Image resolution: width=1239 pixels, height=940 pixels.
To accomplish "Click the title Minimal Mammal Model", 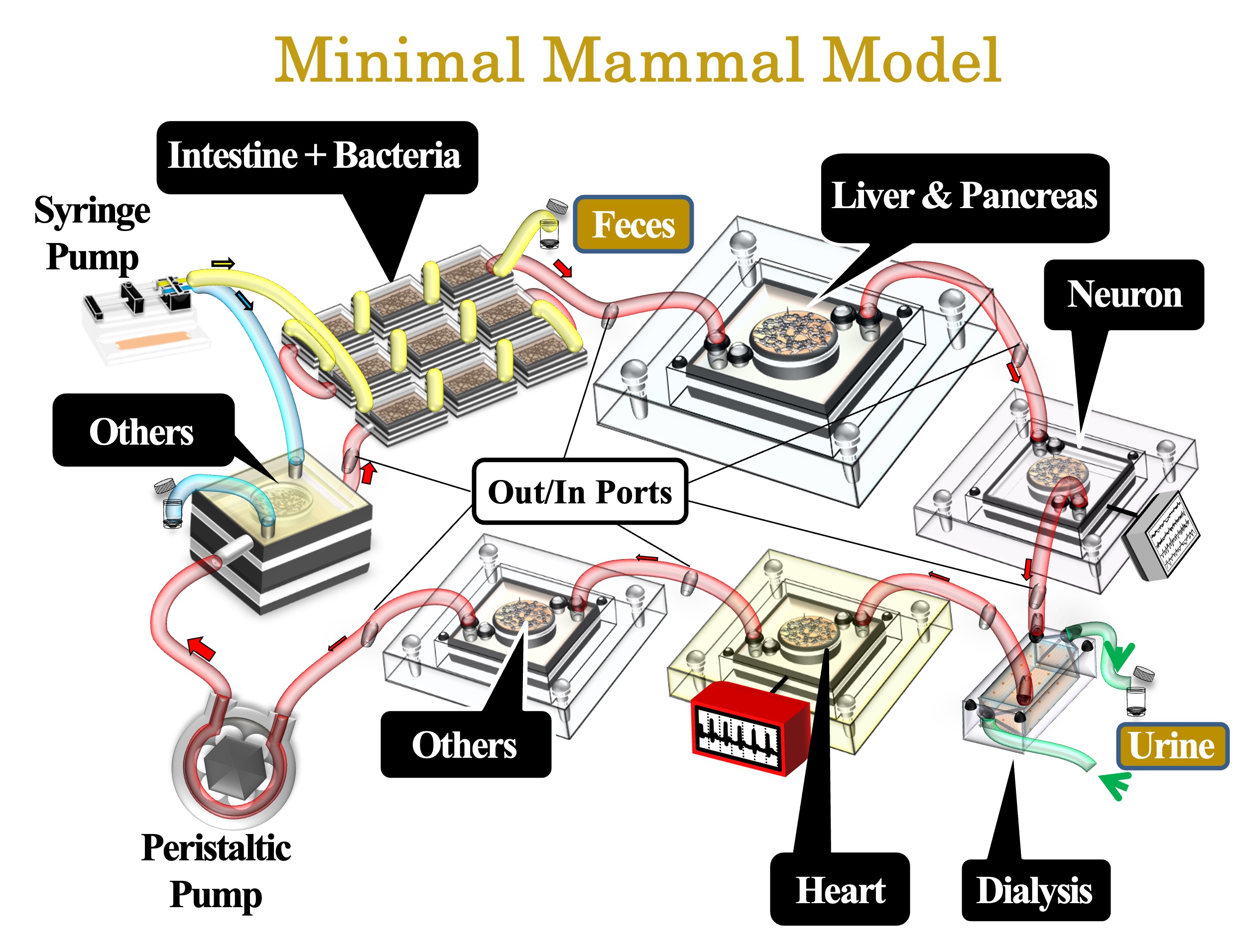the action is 637,60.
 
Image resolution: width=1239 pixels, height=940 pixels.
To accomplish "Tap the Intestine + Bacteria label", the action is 317,157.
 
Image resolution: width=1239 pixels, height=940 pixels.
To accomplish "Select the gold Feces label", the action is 633,224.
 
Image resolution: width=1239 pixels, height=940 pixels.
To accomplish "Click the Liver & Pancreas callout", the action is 965,197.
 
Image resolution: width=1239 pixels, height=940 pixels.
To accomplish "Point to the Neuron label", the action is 1123,294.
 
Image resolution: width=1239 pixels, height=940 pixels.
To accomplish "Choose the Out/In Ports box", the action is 580,491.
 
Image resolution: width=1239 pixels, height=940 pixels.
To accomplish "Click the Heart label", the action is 840,890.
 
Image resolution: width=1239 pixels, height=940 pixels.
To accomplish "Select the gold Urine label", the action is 1172,746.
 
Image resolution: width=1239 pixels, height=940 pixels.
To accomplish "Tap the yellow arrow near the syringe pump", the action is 223,264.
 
